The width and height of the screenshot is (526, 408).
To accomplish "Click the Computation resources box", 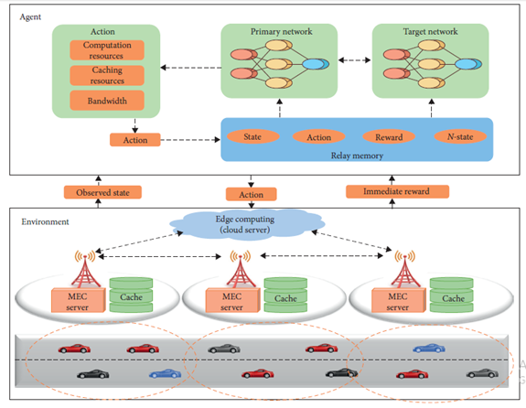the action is click(x=107, y=50).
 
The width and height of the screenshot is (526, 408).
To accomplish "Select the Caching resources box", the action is click(x=107, y=76).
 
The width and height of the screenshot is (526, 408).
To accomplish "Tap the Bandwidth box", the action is click(x=107, y=101).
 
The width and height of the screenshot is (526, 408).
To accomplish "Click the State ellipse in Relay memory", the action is click(x=252, y=136).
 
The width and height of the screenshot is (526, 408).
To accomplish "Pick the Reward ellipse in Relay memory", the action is click(x=389, y=137).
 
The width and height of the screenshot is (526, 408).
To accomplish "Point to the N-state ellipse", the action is click(x=460, y=136).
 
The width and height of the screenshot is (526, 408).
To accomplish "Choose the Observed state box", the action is click(x=102, y=193).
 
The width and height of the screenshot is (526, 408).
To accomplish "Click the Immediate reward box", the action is click(x=397, y=191).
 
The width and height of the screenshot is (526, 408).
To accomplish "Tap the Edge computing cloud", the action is click(x=247, y=224).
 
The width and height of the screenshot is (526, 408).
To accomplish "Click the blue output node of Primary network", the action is click(x=316, y=64).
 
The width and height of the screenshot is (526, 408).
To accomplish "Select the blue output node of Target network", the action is click(x=468, y=64).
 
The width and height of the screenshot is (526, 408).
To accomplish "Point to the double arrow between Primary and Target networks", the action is click(x=355, y=60).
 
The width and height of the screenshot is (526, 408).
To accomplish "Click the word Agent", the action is click(x=30, y=17).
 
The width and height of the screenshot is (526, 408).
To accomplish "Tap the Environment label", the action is click(x=45, y=221).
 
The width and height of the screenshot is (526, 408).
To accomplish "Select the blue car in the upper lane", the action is click(x=429, y=349).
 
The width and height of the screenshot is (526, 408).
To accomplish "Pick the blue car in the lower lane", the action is click(x=165, y=374).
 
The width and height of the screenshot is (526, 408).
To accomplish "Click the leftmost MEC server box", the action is click(x=79, y=301).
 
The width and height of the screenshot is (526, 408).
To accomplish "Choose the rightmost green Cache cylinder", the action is click(x=452, y=295).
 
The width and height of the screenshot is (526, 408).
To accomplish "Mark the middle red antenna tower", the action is click(x=241, y=270).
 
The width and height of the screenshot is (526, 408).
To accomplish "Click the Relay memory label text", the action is click(x=357, y=156).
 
